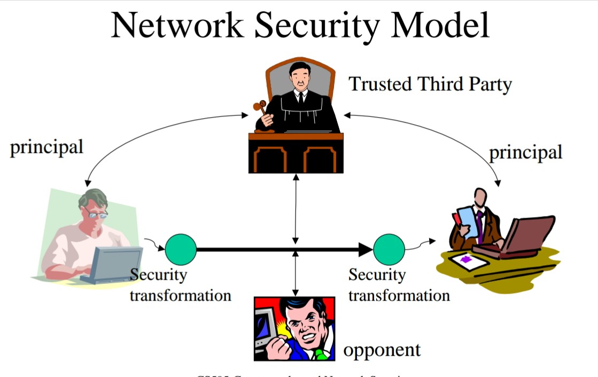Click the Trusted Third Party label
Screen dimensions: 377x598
point(430,84)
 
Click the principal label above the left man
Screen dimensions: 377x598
point(46,147)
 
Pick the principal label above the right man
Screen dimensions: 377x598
point(526,152)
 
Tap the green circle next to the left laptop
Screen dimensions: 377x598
point(181,249)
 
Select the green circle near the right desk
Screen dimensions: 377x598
point(389,249)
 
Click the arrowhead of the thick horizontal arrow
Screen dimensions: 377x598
point(366,249)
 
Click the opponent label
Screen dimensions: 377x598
point(382,350)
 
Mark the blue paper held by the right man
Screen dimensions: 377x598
point(467,221)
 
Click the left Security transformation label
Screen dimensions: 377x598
point(180,286)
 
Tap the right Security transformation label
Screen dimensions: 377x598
point(399,285)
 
